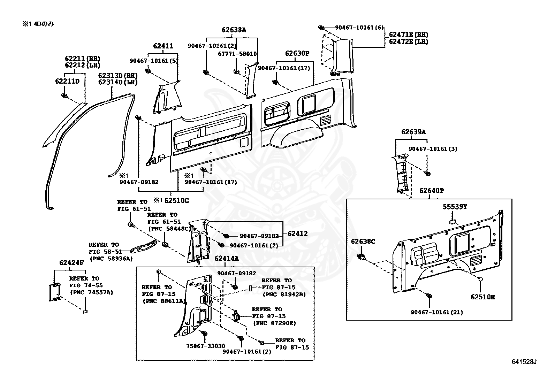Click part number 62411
pyautogui.click(x=163, y=46)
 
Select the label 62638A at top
pyautogui.click(x=234, y=30)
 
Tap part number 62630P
pyautogui.click(x=297, y=53)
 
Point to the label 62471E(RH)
pyautogui.click(x=409, y=35)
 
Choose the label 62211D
pyautogui.click(x=67, y=81)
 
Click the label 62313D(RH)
pyautogui.click(x=117, y=76)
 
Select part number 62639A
pyautogui.click(x=413, y=132)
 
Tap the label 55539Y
pyautogui.click(x=455, y=207)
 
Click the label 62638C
pyautogui.click(x=363, y=241)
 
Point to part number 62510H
pyautogui.click(x=482, y=297)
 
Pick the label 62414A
pyautogui.click(x=227, y=258)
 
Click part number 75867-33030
pyautogui.click(x=205, y=346)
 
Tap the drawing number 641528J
pyautogui.click(x=524, y=362)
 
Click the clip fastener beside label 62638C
pyautogui.click(x=362, y=258)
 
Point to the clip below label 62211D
pyautogui.click(x=64, y=95)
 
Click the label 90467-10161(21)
pyautogui.click(x=436, y=312)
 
